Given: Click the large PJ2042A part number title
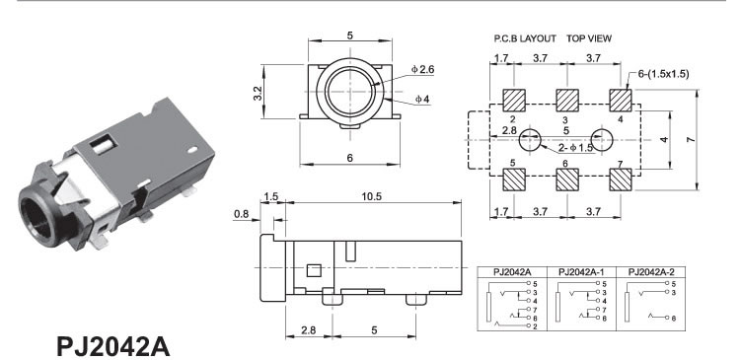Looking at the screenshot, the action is (112, 347).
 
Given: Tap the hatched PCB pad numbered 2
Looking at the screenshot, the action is (513, 100).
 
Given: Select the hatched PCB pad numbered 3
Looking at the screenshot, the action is (567, 100).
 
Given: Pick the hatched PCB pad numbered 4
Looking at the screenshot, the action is (621, 100).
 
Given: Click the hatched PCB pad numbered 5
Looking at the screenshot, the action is (513, 180).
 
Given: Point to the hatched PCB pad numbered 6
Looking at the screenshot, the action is (567, 180).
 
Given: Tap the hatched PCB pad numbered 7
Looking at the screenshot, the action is (621, 180).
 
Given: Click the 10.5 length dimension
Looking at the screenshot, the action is (371, 196).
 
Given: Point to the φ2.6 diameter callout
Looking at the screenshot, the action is (422, 69).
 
